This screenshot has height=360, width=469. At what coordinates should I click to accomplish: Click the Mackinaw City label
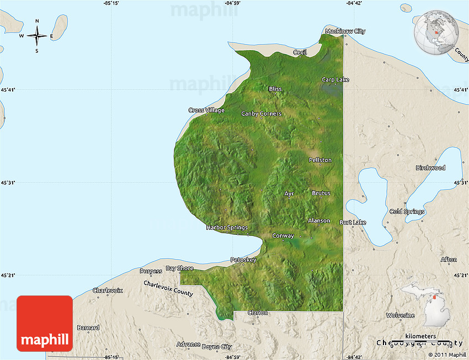tap(345, 31)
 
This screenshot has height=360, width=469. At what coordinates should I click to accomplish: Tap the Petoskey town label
tap(243, 260)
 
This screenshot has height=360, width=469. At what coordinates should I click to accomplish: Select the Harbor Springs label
tap(227, 227)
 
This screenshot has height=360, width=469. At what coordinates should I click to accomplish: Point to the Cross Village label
tap(206, 110)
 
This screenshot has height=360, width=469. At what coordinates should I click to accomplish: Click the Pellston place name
tap(320, 160)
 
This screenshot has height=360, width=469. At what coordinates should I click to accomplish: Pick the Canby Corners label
tap(261, 114)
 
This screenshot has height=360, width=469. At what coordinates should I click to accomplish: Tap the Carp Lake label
tap(335, 80)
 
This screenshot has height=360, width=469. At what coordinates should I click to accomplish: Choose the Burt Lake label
tap(353, 222)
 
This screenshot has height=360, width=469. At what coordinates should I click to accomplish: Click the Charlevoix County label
tap(168, 288)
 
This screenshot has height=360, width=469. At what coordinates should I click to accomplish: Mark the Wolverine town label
tap(400, 315)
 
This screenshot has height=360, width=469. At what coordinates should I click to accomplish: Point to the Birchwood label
tap(430, 168)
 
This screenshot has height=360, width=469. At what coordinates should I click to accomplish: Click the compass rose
tap(37, 36)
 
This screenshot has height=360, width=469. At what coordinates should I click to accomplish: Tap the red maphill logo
tap(45, 323)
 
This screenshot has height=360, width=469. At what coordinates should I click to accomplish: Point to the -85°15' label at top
tap(111, 3)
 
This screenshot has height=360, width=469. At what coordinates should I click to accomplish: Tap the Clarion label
tap(258, 313)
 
